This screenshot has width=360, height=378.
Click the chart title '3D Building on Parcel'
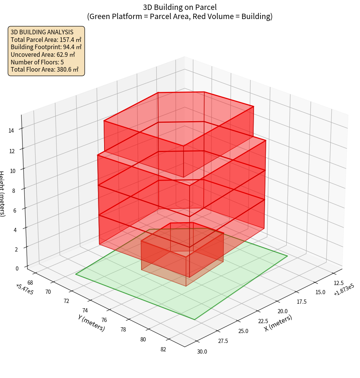coord(180,7)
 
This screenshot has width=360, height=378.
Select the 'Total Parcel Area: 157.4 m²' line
coord(46,40)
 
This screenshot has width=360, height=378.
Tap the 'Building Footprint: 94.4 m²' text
coord(46,47)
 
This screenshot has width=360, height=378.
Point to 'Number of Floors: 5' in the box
coord(37,62)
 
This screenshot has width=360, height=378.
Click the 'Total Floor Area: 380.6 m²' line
coord(45,70)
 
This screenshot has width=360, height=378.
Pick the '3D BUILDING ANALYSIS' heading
coord(42,32)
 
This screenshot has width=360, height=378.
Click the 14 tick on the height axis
coord(11,131)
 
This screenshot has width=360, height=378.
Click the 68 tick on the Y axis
coord(30,282)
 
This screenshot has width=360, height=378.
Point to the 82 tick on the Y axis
coord(163,349)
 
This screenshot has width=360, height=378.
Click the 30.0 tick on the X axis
coord(202,351)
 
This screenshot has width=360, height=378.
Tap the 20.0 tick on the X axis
coord(283,311)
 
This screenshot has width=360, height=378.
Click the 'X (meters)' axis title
coord(278,323)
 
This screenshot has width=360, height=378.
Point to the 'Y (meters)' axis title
coord(92,323)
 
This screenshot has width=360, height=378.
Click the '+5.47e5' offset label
coord(24,289)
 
